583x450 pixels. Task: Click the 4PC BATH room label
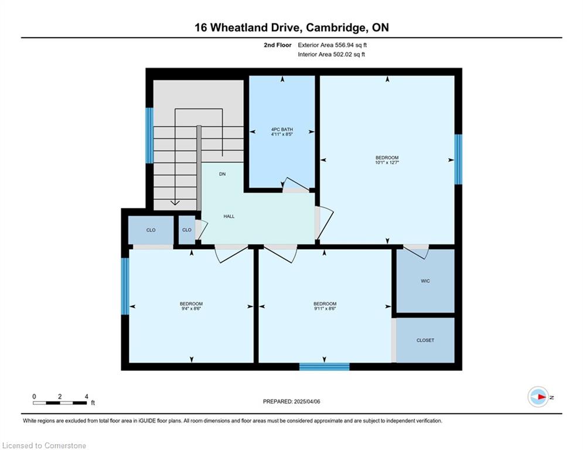pyautogui.click(x=282, y=129)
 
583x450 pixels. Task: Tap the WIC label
pyautogui.click(x=425, y=281)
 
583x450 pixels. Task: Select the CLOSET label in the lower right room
pyautogui.click(x=425, y=340)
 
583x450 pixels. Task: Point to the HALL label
pyautogui.click(x=229, y=216)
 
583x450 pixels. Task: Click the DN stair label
pyautogui.click(x=222, y=174)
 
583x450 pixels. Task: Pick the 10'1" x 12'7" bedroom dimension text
pyautogui.click(x=387, y=162)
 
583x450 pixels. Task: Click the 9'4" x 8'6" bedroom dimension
pyautogui.click(x=191, y=308)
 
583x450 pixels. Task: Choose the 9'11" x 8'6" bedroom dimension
pyautogui.click(x=325, y=308)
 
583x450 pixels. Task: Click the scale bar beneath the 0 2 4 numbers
pyautogui.click(x=60, y=403)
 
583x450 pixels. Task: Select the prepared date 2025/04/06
pyautogui.click(x=307, y=401)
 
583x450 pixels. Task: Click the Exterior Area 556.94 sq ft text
pyautogui.click(x=332, y=45)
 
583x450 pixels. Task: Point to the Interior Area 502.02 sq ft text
pyautogui.click(x=331, y=54)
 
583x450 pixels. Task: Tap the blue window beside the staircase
pyautogui.click(x=149, y=135)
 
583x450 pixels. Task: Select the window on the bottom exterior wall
pyautogui.click(x=325, y=367)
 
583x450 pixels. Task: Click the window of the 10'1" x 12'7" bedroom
pyautogui.click(x=458, y=159)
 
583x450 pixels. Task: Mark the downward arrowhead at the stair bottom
pyautogui.click(x=175, y=203)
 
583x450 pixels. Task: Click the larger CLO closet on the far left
pyautogui.click(x=151, y=230)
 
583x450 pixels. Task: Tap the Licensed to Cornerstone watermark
pyautogui.click(x=44, y=445)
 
